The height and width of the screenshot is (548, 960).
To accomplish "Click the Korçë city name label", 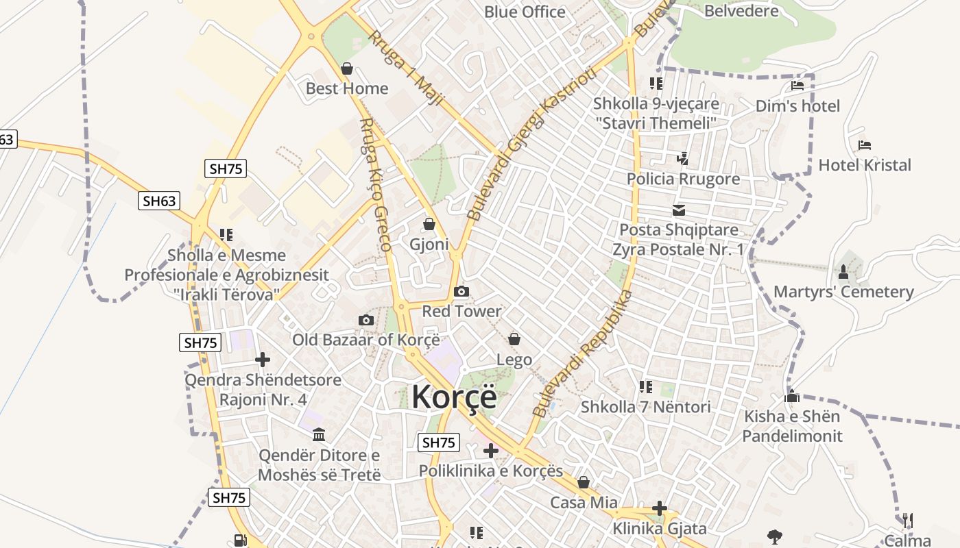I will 453,397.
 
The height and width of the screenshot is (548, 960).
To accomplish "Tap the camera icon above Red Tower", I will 461,292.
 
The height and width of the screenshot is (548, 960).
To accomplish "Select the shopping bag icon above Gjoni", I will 429,225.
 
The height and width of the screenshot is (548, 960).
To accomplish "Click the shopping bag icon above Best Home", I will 347,69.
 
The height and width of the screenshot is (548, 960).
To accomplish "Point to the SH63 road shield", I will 159,201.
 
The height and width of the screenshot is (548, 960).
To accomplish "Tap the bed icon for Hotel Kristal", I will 865,145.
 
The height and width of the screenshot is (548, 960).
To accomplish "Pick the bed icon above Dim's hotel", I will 797,86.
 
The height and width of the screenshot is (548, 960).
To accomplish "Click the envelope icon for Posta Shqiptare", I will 679,210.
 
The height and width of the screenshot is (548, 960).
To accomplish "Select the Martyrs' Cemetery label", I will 843,292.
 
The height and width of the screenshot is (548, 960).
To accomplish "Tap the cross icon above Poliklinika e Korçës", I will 491,451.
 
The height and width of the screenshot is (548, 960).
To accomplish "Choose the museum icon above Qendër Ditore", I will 319,435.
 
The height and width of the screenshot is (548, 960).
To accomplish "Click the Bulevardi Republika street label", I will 583,353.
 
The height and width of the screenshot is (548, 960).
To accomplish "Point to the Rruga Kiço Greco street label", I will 376,184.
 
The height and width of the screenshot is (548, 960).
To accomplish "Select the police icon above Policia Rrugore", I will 682,159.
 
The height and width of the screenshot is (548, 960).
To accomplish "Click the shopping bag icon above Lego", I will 514,339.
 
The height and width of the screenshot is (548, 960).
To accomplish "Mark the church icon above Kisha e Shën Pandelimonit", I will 793,397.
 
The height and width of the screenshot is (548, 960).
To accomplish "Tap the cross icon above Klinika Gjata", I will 660,508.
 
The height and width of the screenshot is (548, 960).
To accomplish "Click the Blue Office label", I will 525,12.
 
